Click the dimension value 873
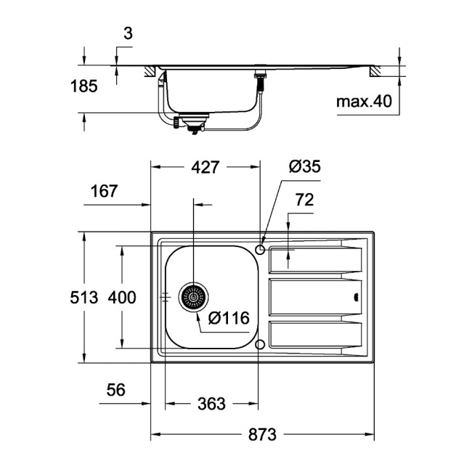pos(262,435)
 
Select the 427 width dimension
pos(206,167)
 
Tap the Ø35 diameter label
pos(304,167)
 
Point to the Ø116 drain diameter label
pos(229,318)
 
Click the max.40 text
pos(364,102)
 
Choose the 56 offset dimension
pos(115,390)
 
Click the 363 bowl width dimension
pos(211,404)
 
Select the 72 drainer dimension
pos(304,200)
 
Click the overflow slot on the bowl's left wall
pos(166,297)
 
